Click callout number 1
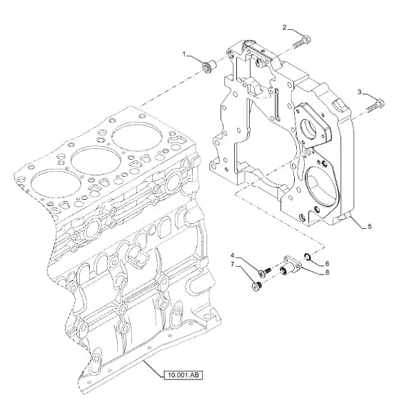(184, 54)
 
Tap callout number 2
(285, 27)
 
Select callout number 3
(360, 92)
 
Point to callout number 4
(233, 255)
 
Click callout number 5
(370, 226)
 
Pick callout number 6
(327, 264)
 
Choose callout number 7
(233, 264)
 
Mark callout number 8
(327, 272)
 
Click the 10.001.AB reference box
(183, 375)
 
